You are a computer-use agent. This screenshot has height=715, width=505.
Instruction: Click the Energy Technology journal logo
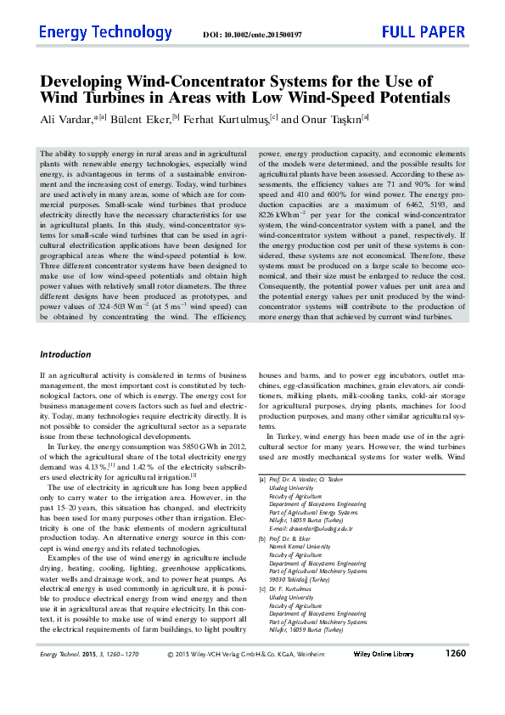pos(105,33)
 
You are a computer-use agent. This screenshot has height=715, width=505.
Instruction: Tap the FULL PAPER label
pos(424,33)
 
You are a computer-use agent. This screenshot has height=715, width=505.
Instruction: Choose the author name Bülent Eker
pos(137,120)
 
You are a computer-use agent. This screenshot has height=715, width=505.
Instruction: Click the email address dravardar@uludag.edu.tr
pos(311,528)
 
